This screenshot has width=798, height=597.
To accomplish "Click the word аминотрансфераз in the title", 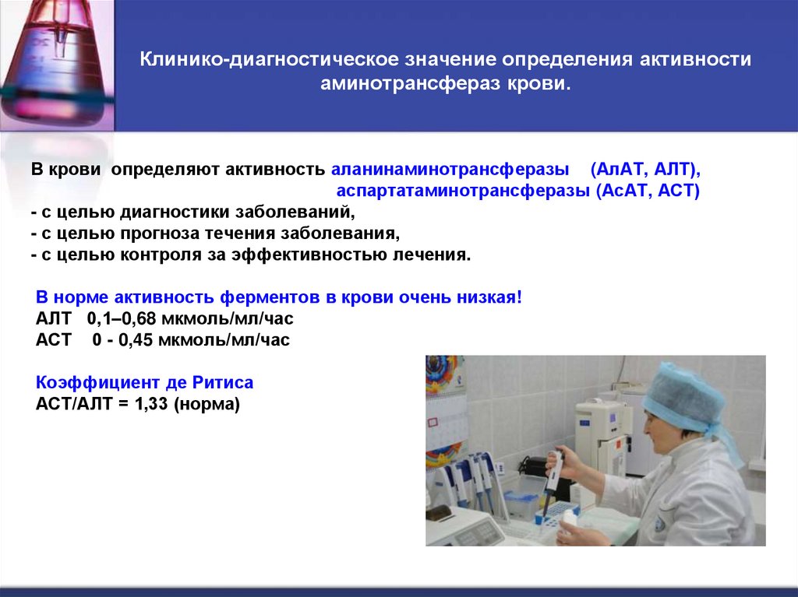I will pyautogui.click(x=415, y=83).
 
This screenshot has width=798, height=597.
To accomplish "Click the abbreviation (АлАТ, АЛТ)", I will pyautogui.click(x=646, y=169).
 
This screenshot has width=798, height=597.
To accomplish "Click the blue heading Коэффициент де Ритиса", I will pyautogui.click(x=145, y=384).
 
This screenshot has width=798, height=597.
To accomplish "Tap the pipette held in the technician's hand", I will pyautogui.click(x=553, y=475).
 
